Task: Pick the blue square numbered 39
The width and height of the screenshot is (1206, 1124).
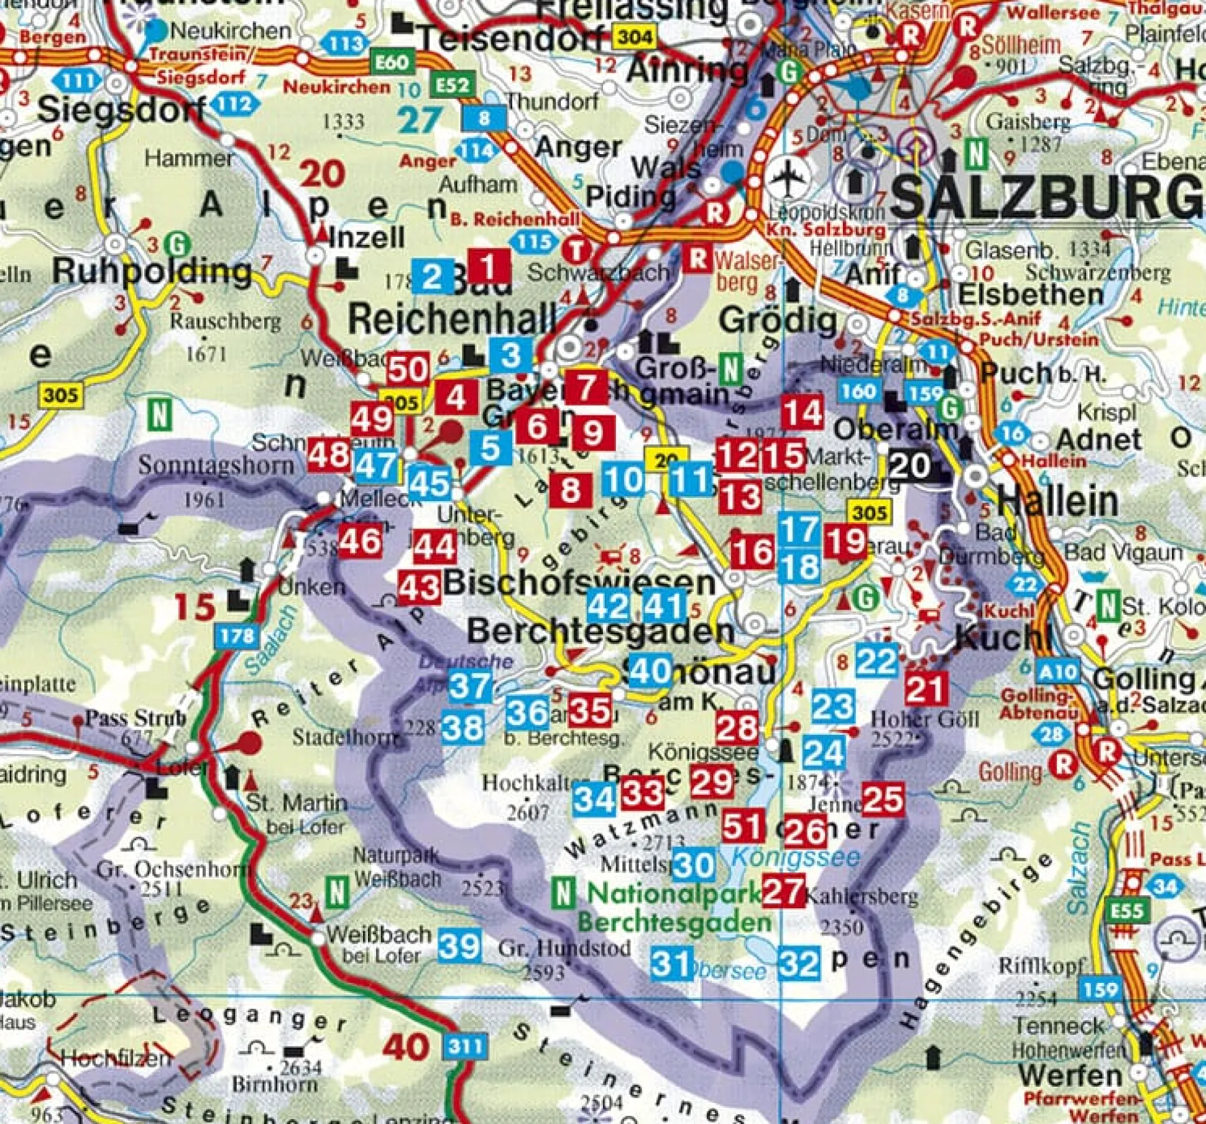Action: coord(459,946)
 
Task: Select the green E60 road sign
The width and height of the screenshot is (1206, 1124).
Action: coord(391,62)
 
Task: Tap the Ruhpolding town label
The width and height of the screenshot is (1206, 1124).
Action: coord(152,272)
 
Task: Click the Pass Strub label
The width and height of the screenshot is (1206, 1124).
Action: coord(136,719)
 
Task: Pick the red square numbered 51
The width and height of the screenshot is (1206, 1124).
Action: coord(743,826)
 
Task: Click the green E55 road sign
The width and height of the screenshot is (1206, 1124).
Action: coord(1126,911)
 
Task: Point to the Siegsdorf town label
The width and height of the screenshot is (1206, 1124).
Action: coord(121,111)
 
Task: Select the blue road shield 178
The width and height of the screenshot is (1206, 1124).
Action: coord(237,635)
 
